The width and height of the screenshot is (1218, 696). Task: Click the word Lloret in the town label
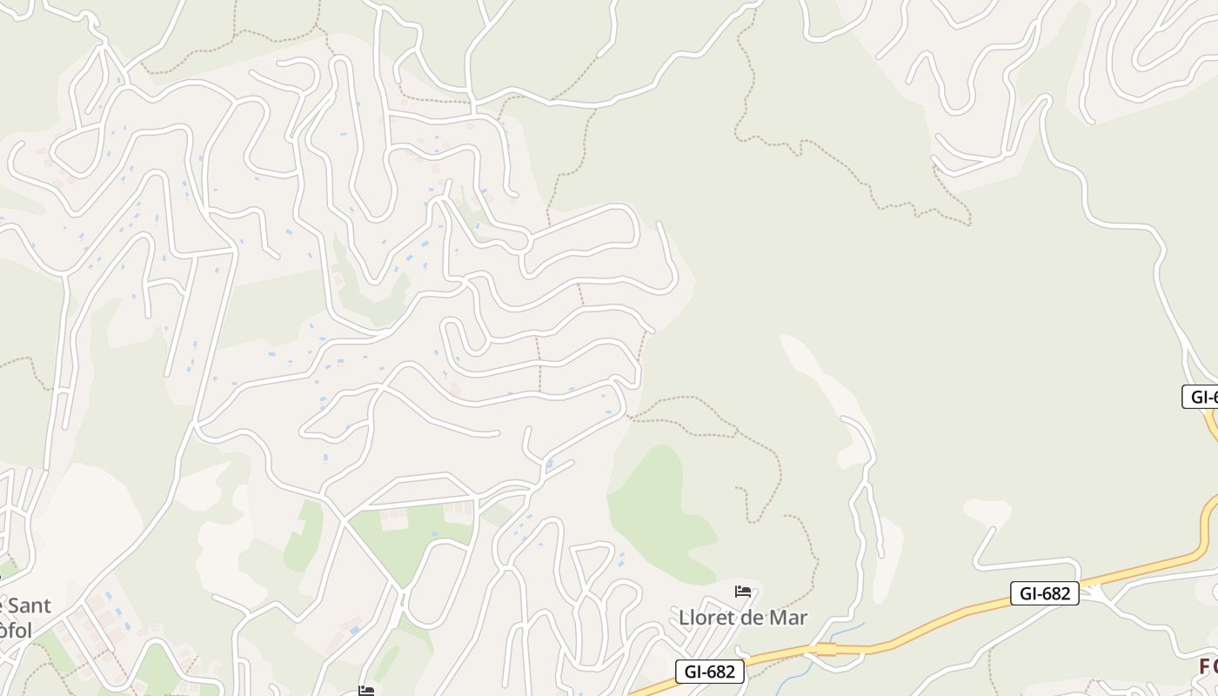point(706,618)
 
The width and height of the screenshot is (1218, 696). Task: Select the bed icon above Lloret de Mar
point(742,592)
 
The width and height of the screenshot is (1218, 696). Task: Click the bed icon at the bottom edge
point(366,691)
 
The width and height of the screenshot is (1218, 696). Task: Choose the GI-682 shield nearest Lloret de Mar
point(710,672)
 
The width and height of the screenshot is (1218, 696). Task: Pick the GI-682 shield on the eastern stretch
point(1045,593)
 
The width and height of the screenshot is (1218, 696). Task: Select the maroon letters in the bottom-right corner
point(1208,666)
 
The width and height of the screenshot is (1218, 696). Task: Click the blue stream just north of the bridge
point(848,631)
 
